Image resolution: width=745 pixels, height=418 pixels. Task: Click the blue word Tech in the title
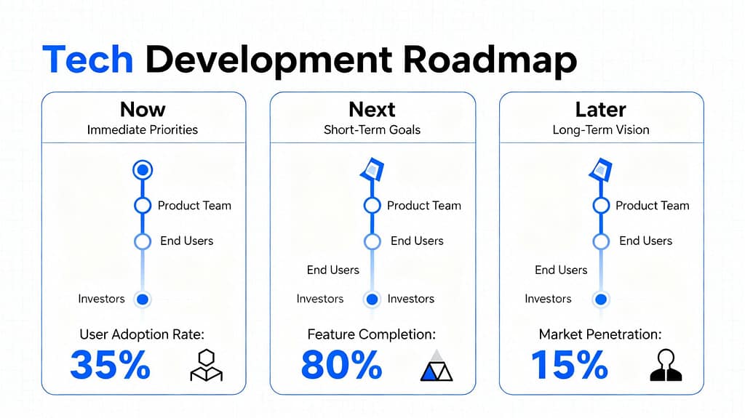pos(87,60)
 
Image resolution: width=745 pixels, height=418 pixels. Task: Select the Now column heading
pos(143,110)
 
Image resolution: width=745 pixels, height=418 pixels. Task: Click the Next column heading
pos(372,110)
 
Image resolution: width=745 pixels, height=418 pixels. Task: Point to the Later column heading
pos(600,110)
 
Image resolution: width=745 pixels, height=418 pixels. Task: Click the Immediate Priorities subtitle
pos(143,129)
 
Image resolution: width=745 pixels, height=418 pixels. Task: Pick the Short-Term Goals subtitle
pos(372,129)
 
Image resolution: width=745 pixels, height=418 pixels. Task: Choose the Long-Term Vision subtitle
pos(600,129)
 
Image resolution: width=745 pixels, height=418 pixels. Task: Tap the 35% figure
pos(111,365)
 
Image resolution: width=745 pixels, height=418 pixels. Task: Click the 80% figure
pos(342,365)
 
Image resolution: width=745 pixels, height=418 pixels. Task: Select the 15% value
pos(569,365)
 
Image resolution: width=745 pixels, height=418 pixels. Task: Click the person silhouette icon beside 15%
pos(666,365)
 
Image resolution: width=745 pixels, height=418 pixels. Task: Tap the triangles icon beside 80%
pos(437,366)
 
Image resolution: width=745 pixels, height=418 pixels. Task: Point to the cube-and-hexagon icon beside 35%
pos(206,365)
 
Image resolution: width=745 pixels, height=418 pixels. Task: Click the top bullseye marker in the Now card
pos(143,169)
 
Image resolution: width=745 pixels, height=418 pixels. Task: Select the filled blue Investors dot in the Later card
pos(601,300)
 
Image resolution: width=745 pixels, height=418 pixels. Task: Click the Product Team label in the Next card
pos(424,206)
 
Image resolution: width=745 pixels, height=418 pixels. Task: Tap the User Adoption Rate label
pos(142,334)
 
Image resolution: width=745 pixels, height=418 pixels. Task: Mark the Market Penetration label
pos(600,334)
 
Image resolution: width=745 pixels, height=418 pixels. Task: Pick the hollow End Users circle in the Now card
pos(143,233)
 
